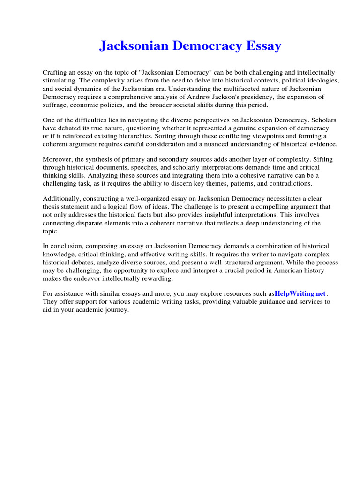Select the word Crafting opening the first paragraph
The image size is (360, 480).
[x=56, y=73]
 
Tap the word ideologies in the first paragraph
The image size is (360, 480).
[x=324, y=80]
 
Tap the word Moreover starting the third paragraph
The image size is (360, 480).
[x=57, y=159]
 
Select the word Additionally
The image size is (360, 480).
[x=61, y=199]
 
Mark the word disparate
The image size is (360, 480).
[x=88, y=223]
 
